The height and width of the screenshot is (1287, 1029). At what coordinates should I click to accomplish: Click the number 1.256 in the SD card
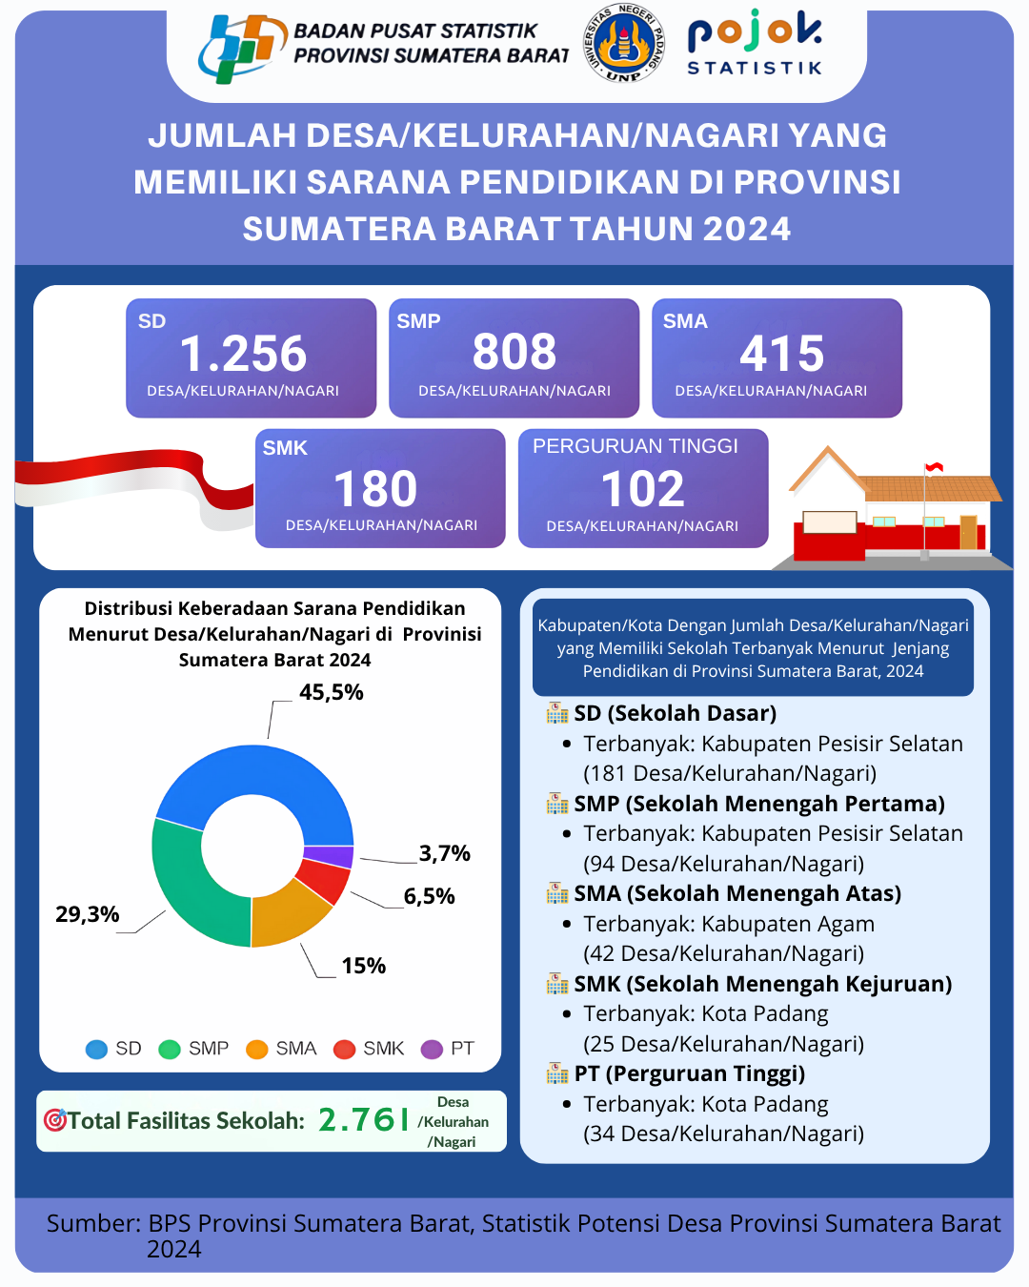pyautogui.click(x=243, y=354)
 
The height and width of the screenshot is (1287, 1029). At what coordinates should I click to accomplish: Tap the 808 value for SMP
pyautogui.click(x=514, y=352)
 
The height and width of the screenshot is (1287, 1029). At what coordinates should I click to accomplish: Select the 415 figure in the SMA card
pyautogui.click(x=782, y=354)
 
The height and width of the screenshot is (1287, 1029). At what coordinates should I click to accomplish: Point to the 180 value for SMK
pyautogui.click(x=375, y=489)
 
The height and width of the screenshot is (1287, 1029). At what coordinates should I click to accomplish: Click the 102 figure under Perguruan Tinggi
pyautogui.click(x=643, y=489)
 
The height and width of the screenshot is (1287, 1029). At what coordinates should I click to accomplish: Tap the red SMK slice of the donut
pyautogui.click(x=324, y=879)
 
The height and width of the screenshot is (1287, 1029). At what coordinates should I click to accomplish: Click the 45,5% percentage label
pyautogui.click(x=332, y=693)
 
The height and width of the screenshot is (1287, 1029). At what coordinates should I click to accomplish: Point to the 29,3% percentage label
pyautogui.click(x=88, y=915)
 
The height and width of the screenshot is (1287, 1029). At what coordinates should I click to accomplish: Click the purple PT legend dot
pyautogui.click(x=433, y=1050)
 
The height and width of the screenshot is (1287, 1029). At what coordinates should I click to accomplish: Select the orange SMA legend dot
pyautogui.click(x=257, y=1050)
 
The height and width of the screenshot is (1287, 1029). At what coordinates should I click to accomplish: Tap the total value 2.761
pyautogui.click(x=363, y=1120)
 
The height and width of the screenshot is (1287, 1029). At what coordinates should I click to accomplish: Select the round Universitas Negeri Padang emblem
pyautogui.click(x=624, y=43)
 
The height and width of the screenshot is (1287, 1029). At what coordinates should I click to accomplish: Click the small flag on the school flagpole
pyautogui.click(x=935, y=467)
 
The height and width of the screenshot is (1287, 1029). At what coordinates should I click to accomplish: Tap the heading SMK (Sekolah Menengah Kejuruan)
pyautogui.click(x=762, y=984)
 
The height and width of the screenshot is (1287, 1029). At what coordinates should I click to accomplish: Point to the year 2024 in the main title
pyautogui.click(x=747, y=229)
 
